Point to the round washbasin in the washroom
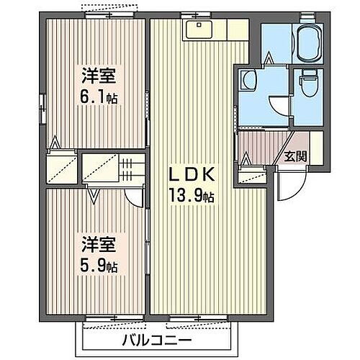pos(250,81)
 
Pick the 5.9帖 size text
pos(98,265)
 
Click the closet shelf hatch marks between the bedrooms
pos(127,171)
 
